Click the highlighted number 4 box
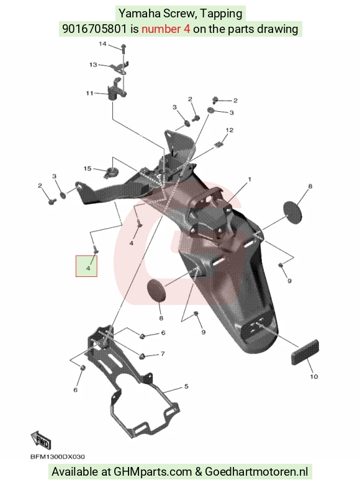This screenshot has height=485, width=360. point(87,266)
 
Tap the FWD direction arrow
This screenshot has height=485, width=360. point(40,440)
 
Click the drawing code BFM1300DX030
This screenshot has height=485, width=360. point(58,457)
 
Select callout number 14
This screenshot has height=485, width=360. point(102,44)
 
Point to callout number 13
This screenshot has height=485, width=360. point(93,65)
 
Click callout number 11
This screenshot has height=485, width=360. point(89,93)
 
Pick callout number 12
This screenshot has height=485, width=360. point(230,130)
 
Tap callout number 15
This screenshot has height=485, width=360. point(88,168)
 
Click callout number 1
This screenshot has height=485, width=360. point(250,179)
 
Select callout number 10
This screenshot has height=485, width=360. point(314,376)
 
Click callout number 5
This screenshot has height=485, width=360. point(186,386)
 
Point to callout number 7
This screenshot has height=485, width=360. point(163,353)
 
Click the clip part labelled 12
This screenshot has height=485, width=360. point(218,144)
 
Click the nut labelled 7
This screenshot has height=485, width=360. point(143,356)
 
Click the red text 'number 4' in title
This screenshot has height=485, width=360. point(166,29)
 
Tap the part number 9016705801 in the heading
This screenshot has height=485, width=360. point(94,29)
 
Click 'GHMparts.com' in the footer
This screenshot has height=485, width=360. point(153,472)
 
